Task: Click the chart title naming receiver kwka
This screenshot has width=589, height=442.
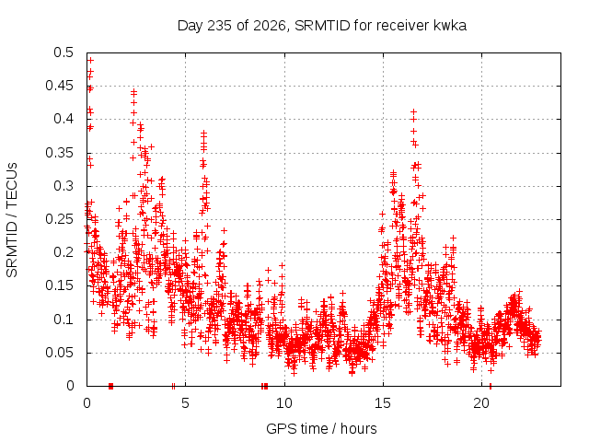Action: pyautogui.click(x=322, y=26)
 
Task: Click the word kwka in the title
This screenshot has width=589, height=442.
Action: pyautogui.click(x=450, y=25)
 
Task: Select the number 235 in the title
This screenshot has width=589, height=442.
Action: pyautogui.click(x=219, y=26)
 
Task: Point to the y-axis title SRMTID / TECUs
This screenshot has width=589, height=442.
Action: pyautogui.click(x=12, y=220)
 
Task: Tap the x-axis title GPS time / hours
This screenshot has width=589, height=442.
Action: pyautogui.click(x=321, y=428)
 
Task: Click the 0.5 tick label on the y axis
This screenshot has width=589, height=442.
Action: pyautogui.click(x=64, y=52)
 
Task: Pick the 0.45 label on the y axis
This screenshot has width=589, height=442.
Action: pyautogui.click(x=59, y=86)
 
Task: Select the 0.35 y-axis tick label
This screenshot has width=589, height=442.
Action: pyautogui.click(x=59, y=153)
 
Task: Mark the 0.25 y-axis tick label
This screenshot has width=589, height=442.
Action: pyautogui.click(x=59, y=219)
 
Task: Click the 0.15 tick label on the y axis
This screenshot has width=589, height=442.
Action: pyautogui.click(x=59, y=285)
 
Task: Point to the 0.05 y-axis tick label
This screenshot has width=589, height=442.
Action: pyautogui.click(x=59, y=353)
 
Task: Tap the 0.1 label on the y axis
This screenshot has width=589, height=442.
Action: pyautogui.click(x=64, y=320)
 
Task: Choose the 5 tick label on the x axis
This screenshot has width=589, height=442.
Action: pyautogui.click(x=185, y=403)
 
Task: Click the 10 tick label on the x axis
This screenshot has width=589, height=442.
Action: pyautogui.click(x=284, y=403)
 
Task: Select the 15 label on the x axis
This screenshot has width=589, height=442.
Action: pyautogui.click(x=383, y=403)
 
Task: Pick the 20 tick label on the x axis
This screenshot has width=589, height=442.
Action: pyautogui.click(x=481, y=403)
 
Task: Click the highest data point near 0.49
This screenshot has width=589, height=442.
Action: pyautogui.click(x=90, y=60)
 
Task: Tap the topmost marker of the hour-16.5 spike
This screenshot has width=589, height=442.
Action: pyautogui.click(x=413, y=111)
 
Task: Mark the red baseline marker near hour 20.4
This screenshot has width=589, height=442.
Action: pyautogui.click(x=491, y=386)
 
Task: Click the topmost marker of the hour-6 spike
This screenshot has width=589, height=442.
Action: pyautogui.click(x=203, y=133)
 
